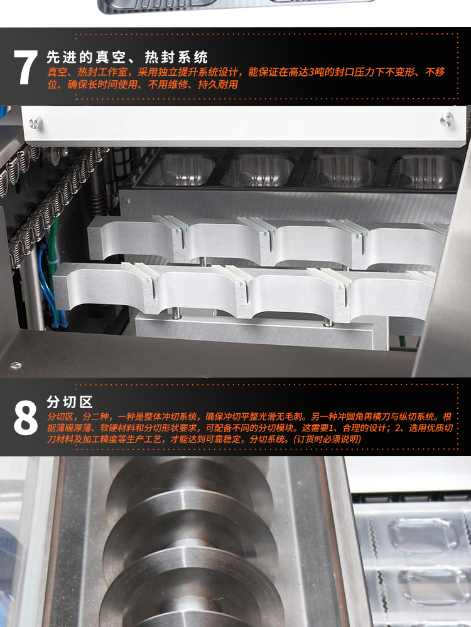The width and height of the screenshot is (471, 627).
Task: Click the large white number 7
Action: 26,67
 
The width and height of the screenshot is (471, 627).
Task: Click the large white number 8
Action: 26,418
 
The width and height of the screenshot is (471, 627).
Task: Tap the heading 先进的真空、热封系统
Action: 127,57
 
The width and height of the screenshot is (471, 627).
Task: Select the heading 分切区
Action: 70,402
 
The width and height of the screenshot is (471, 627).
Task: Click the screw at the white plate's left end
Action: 36,122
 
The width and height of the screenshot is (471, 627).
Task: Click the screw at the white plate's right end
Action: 446,119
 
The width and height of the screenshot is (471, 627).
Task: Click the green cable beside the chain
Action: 53,264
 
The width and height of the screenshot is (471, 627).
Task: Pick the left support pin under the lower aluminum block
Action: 176,314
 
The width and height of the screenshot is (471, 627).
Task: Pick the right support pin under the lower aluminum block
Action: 328,322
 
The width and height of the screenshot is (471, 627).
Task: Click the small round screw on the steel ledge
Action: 15,365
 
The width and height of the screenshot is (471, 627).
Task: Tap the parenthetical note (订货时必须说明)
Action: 327,439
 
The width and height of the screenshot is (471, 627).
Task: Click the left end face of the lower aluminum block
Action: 60,287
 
